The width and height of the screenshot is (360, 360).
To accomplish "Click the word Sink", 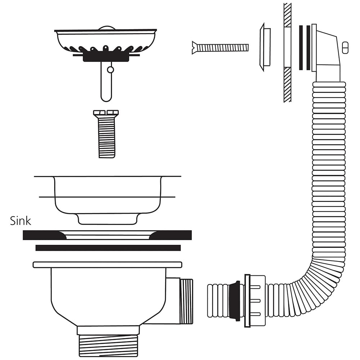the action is tap(21, 221).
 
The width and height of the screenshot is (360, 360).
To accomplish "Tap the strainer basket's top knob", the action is tap(107, 28).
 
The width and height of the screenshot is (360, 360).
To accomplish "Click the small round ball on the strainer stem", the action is tap(111, 69).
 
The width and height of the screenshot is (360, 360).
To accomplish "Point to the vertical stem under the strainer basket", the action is tap(106, 81).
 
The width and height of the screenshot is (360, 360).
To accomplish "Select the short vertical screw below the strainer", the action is tap(106, 134).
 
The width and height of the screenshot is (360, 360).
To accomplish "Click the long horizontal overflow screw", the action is tap(220, 48).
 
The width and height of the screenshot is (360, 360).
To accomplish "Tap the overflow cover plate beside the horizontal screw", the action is tap(265, 47).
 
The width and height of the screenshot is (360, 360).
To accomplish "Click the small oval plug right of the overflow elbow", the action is tap(345, 48).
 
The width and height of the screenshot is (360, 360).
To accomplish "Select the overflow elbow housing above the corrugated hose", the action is tap(326, 53).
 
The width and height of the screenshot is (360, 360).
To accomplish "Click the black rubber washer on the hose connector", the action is tap(235, 301).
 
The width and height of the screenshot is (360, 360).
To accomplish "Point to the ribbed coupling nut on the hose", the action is tap(255, 301).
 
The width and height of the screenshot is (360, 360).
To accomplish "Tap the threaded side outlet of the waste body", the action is tap(186, 301).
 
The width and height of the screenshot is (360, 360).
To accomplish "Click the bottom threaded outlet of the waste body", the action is tap(108, 346).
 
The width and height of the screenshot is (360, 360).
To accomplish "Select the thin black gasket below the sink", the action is tap(108, 248).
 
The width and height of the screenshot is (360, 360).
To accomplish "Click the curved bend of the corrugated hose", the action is tap(321, 280).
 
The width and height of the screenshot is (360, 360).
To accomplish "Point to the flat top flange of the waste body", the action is tap(107, 265).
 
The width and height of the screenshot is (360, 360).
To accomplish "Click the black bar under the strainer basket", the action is tap(106, 57).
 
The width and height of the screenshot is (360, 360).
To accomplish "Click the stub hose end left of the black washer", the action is tap(218, 301).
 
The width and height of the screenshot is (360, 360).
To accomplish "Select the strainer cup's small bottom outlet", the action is tap(107, 219).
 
